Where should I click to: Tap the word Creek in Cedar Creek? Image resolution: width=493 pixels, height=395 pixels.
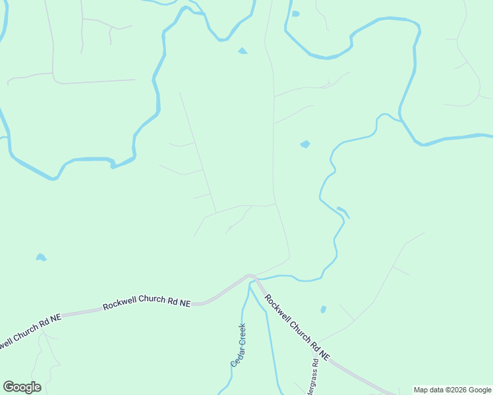pos(242,334)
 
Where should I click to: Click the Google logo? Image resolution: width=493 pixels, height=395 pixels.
pos(22,387)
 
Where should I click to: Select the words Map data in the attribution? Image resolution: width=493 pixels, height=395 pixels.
pos(428,390)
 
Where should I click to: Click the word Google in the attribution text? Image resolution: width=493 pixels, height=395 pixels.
pos(480,390)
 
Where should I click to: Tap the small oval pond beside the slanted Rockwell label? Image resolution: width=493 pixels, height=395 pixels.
pos(323,309)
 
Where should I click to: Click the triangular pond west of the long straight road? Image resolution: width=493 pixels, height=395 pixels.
pos(243,51)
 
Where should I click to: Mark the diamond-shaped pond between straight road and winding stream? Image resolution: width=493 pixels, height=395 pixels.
pos(304,144)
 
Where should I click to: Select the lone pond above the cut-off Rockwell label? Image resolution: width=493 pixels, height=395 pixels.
pos(41,257)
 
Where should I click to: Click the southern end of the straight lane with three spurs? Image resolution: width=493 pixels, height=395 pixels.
pos(215,212)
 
